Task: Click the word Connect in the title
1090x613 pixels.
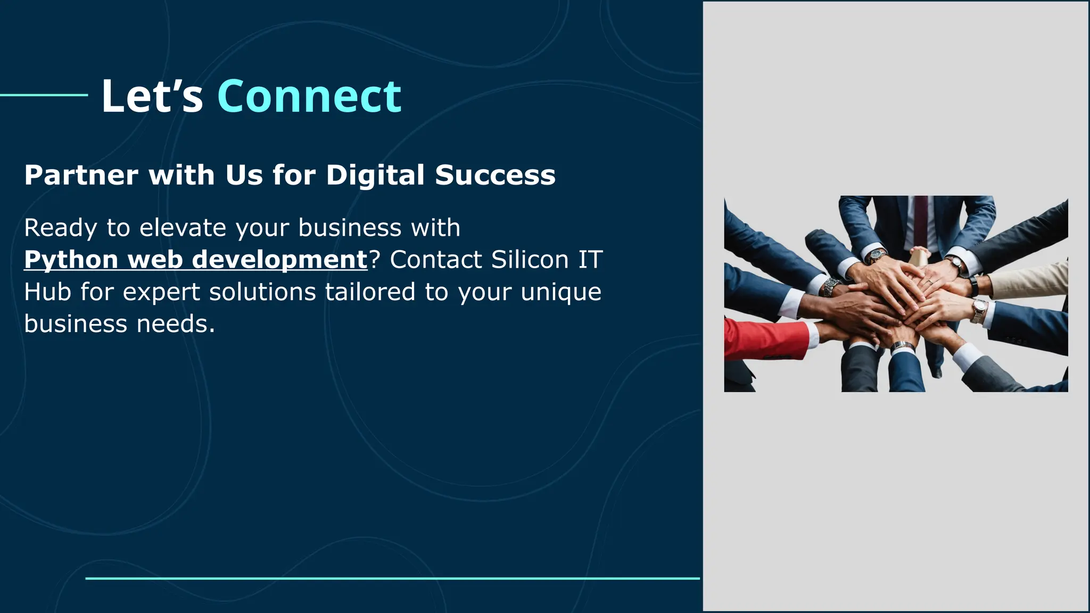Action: point(309,97)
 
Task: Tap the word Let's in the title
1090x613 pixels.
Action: point(152,97)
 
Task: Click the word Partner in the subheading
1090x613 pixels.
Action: point(81,175)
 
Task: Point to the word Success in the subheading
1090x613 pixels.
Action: point(495,175)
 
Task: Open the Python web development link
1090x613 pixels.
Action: point(195,260)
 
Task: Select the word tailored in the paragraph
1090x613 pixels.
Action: point(370,292)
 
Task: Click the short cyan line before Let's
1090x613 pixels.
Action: point(44,95)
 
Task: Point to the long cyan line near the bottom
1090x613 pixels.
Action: point(392,578)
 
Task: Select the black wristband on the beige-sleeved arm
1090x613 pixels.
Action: point(973,286)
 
